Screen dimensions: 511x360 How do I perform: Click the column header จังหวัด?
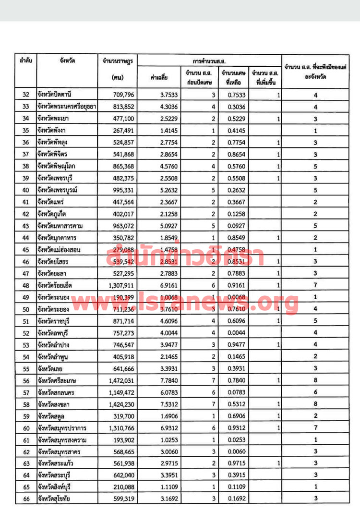click(x=67, y=61)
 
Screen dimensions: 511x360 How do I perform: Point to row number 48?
click(x=25, y=285)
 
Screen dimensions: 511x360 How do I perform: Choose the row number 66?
click(x=25, y=499)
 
